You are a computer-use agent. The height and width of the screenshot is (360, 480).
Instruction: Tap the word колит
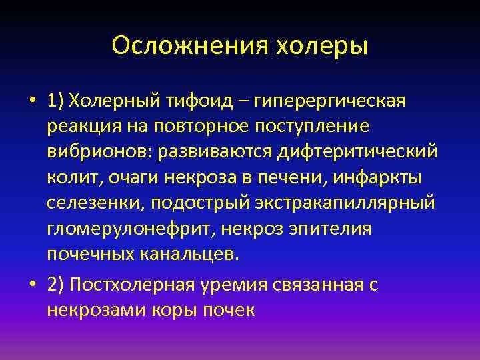[x=71, y=178]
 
